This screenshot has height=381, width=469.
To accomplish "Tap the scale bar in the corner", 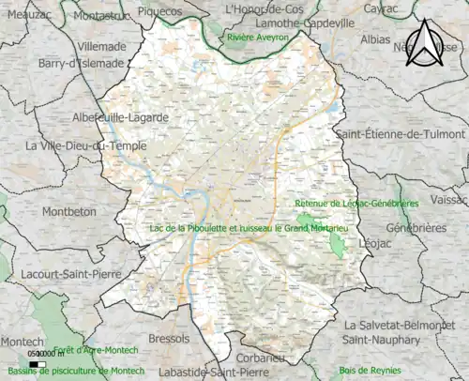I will pos(38,364).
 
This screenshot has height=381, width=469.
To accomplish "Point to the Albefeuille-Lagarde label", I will pos(119,117).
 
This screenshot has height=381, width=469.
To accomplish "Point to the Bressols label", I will pos(168,338).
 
